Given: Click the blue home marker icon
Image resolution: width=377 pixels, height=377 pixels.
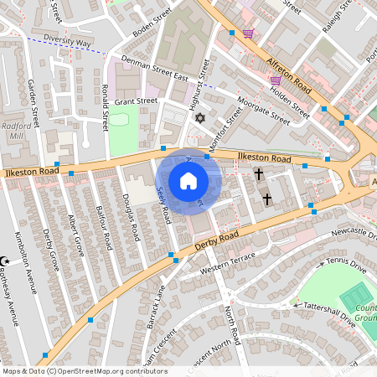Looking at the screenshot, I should [x=188, y=181].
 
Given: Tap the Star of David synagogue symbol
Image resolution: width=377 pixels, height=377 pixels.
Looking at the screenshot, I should [x=199, y=118].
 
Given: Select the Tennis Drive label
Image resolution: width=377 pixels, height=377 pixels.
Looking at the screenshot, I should [x=346, y=266].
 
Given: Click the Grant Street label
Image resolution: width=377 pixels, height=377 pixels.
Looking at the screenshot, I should [x=136, y=101].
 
